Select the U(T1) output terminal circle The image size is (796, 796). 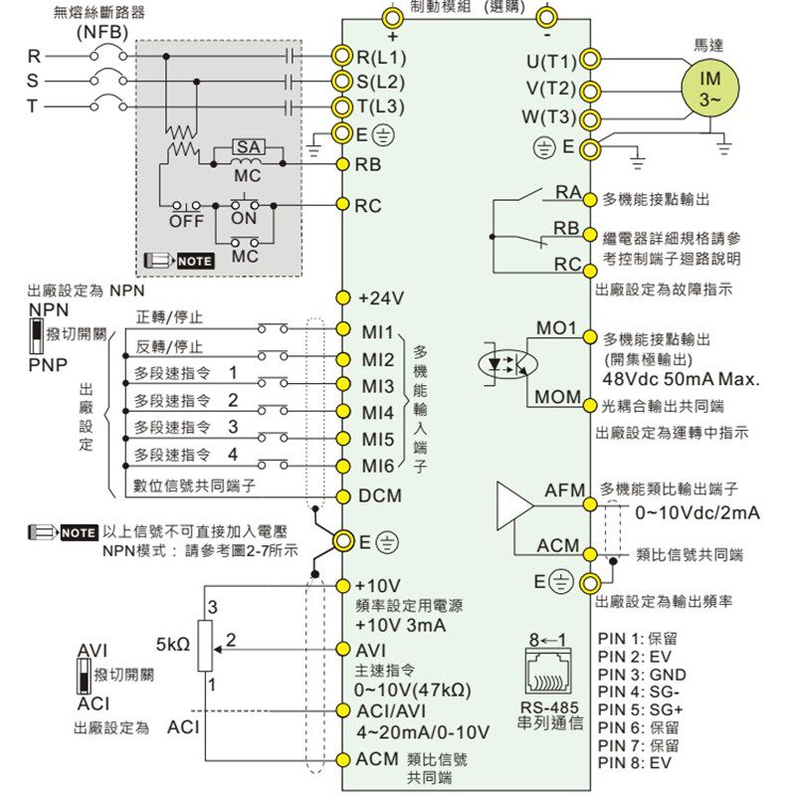(x=589, y=60)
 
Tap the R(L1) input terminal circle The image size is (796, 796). (x=342, y=56)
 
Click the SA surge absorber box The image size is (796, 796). (x=248, y=147)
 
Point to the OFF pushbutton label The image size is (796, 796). (x=186, y=221)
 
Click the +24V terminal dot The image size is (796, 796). (x=343, y=298)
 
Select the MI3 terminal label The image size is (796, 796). (x=378, y=387)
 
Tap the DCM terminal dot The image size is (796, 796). (x=343, y=496)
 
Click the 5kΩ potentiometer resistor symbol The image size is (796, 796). (x=205, y=645)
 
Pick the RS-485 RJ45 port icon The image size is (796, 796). (x=548, y=673)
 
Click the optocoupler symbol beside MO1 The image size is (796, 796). (x=507, y=363)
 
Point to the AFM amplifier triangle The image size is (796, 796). (x=514, y=505)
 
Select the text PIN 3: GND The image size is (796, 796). (x=642, y=675)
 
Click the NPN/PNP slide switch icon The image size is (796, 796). (x=36, y=335)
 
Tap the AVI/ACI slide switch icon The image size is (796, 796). (x=84, y=677)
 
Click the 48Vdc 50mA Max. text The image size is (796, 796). (x=681, y=379)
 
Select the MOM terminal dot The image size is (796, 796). (x=589, y=406)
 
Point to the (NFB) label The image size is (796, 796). (x=102, y=33)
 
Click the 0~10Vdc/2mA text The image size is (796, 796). (x=697, y=512)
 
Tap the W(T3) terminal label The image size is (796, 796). (x=549, y=116)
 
